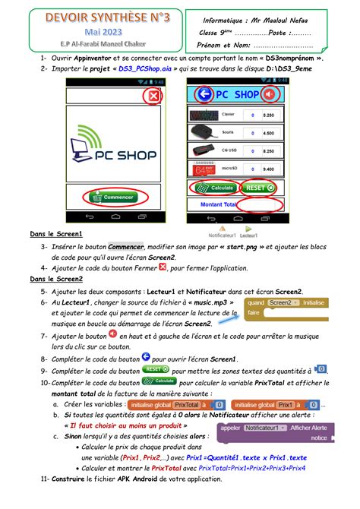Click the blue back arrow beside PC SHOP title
(204, 95)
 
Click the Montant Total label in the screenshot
(217, 204)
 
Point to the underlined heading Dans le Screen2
(57, 279)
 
